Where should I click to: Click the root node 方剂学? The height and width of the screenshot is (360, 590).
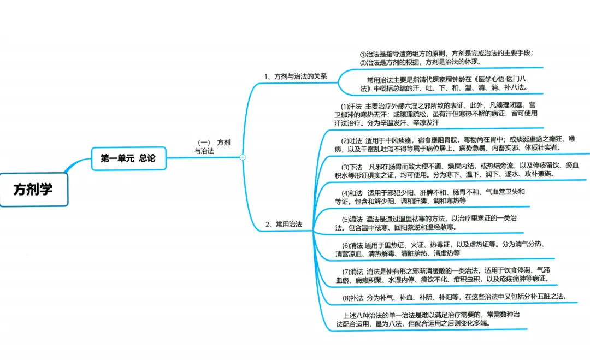pos(33,190)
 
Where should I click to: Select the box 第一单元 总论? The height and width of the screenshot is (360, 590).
pos(128,158)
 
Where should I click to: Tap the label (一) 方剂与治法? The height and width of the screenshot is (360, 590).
pos(212,146)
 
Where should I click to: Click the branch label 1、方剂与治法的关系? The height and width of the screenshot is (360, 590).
pos(295,76)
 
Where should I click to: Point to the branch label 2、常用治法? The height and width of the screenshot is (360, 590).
pos(284,224)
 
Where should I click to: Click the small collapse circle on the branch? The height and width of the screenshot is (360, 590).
pos(243,157)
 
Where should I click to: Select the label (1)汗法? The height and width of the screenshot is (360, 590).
pos(351,105)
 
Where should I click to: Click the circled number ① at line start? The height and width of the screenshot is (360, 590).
pos(363,54)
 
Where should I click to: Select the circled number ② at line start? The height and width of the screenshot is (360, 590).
pos(363,62)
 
